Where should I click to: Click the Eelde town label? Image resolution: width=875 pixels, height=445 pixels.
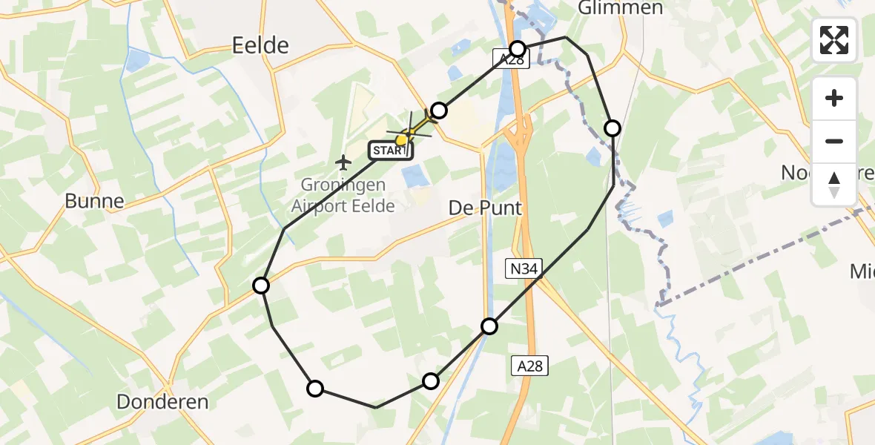coord(260,46)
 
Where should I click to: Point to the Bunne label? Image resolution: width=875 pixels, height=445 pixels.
coord(94,200)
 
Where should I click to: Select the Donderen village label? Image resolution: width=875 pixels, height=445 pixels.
coord(162,402)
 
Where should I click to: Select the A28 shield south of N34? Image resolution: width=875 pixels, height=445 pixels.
coord(530,365)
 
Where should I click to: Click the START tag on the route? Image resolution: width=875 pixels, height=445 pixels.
coord(389,151)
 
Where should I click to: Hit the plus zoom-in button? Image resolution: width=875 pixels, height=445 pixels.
coord(834,98)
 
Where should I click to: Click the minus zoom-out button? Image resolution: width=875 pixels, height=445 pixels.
coord(834,141)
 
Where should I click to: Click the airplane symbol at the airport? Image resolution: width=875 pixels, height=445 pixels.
coord(343,161)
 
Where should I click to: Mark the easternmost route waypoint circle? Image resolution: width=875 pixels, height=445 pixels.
coord(612,128)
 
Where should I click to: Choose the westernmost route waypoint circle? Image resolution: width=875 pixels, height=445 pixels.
coord(261,286)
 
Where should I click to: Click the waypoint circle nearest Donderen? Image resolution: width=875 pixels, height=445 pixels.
coord(315,388)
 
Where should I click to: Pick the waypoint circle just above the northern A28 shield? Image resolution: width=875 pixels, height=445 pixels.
coord(518,49)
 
